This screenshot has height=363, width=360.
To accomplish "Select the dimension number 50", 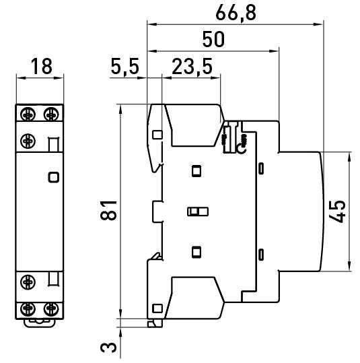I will click(213, 38).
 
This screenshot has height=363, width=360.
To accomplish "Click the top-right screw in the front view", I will click(51, 112).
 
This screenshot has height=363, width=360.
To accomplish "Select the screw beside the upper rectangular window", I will click(28, 141).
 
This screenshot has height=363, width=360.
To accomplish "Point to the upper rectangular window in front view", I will click(53, 143).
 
